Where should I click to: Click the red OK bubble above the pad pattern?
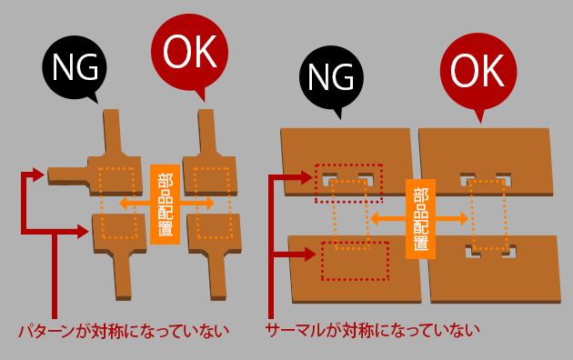pyautogui.click(x=189, y=53)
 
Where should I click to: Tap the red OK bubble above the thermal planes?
pyautogui.click(x=477, y=69)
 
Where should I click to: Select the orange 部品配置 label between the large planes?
pyautogui.click(x=420, y=218)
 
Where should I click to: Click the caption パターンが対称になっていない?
pyautogui.click(x=122, y=330)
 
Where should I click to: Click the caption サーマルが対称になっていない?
pyautogui.click(x=373, y=330)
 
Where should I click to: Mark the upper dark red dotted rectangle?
pyautogui.click(x=349, y=183)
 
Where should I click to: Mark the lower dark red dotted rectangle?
pyautogui.click(x=355, y=261)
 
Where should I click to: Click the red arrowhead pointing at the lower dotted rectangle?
pyautogui.click(x=313, y=255)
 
